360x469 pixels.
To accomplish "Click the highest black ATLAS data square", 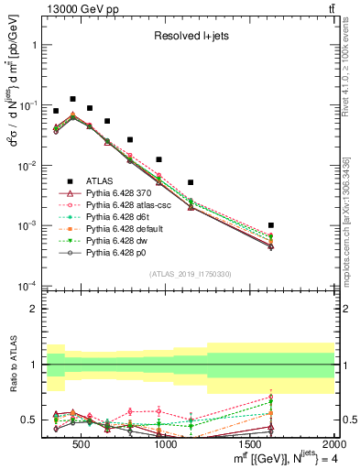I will [x=72, y=99].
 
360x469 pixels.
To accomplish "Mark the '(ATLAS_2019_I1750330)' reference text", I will [x=190, y=275].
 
